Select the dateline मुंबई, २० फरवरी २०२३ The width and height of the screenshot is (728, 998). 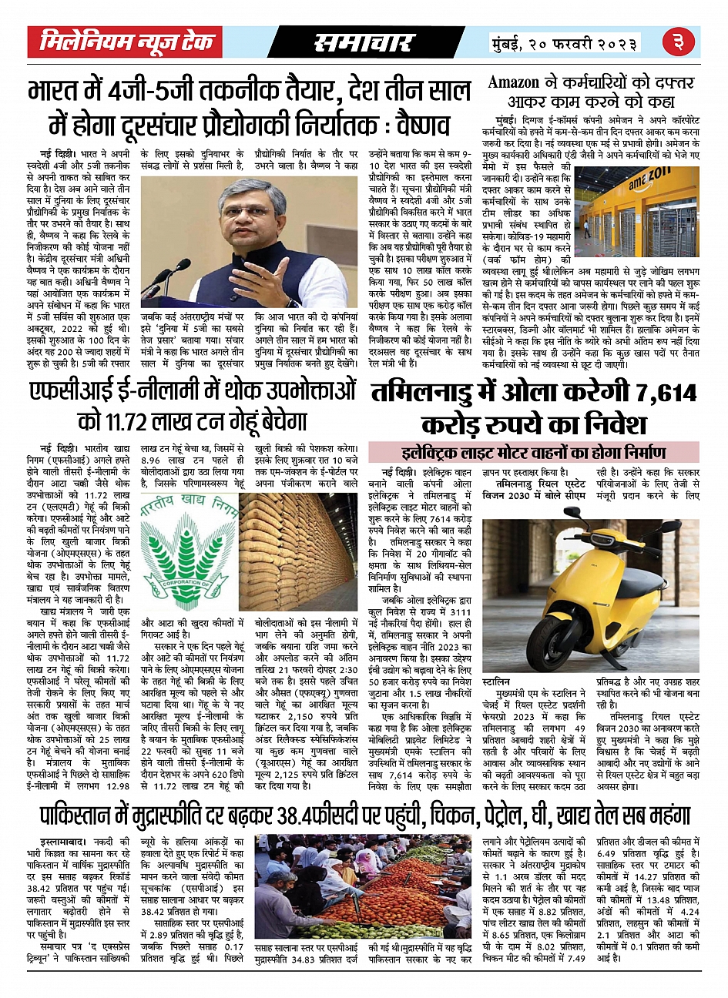564,42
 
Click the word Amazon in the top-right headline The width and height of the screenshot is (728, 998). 516,82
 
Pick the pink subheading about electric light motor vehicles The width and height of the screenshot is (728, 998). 533,452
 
